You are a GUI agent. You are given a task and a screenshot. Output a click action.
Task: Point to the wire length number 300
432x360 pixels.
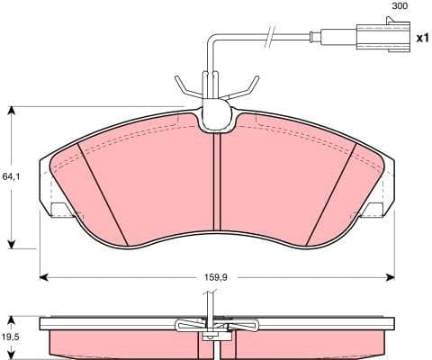click(399, 7)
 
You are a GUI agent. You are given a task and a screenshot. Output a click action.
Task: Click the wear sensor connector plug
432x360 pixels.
click(377, 38)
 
